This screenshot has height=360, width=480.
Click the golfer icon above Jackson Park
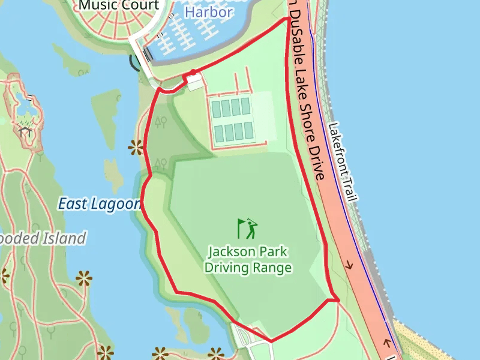point(247,228)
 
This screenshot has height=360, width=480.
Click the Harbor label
point(208,12)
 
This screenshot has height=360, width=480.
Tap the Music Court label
point(120,6)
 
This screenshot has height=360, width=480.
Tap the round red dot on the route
point(193,74)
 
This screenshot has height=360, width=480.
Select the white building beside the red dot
point(195,82)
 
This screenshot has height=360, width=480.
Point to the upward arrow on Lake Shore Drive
point(387,343)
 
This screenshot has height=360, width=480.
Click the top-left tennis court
point(217,108)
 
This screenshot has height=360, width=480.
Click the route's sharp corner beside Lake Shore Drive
point(338,299)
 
